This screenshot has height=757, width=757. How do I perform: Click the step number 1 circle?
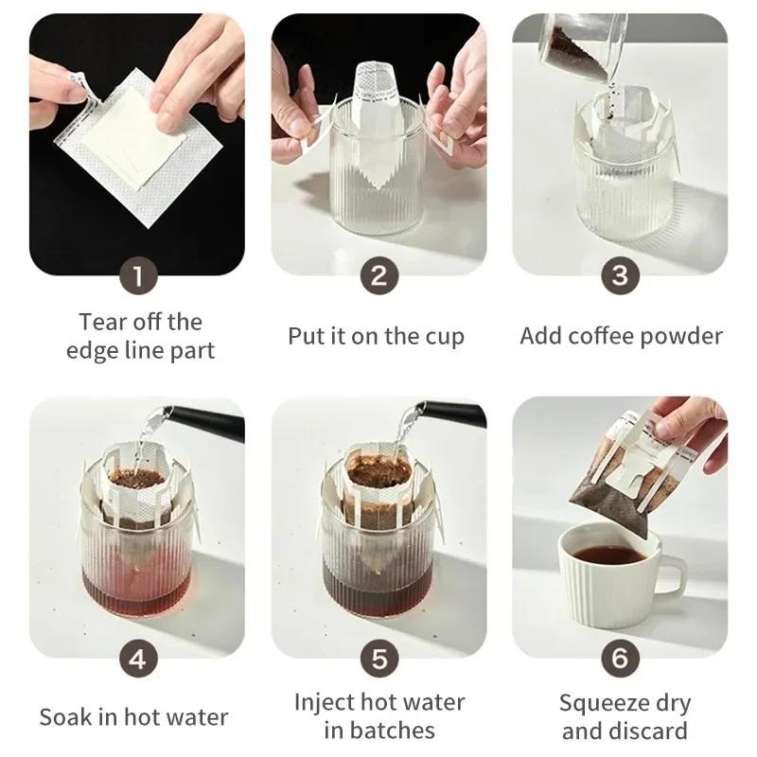(x=137, y=276)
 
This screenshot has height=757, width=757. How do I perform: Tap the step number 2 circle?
(x=378, y=276)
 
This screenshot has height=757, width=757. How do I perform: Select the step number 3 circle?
(x=620, y=276)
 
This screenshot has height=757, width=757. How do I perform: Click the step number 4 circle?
(x=137, y=659)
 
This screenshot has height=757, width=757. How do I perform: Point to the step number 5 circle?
(x=378, y=659)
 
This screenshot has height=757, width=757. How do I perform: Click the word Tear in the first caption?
(x=101, y=322)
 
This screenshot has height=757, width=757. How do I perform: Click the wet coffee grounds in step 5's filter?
(x=377, y=469)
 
